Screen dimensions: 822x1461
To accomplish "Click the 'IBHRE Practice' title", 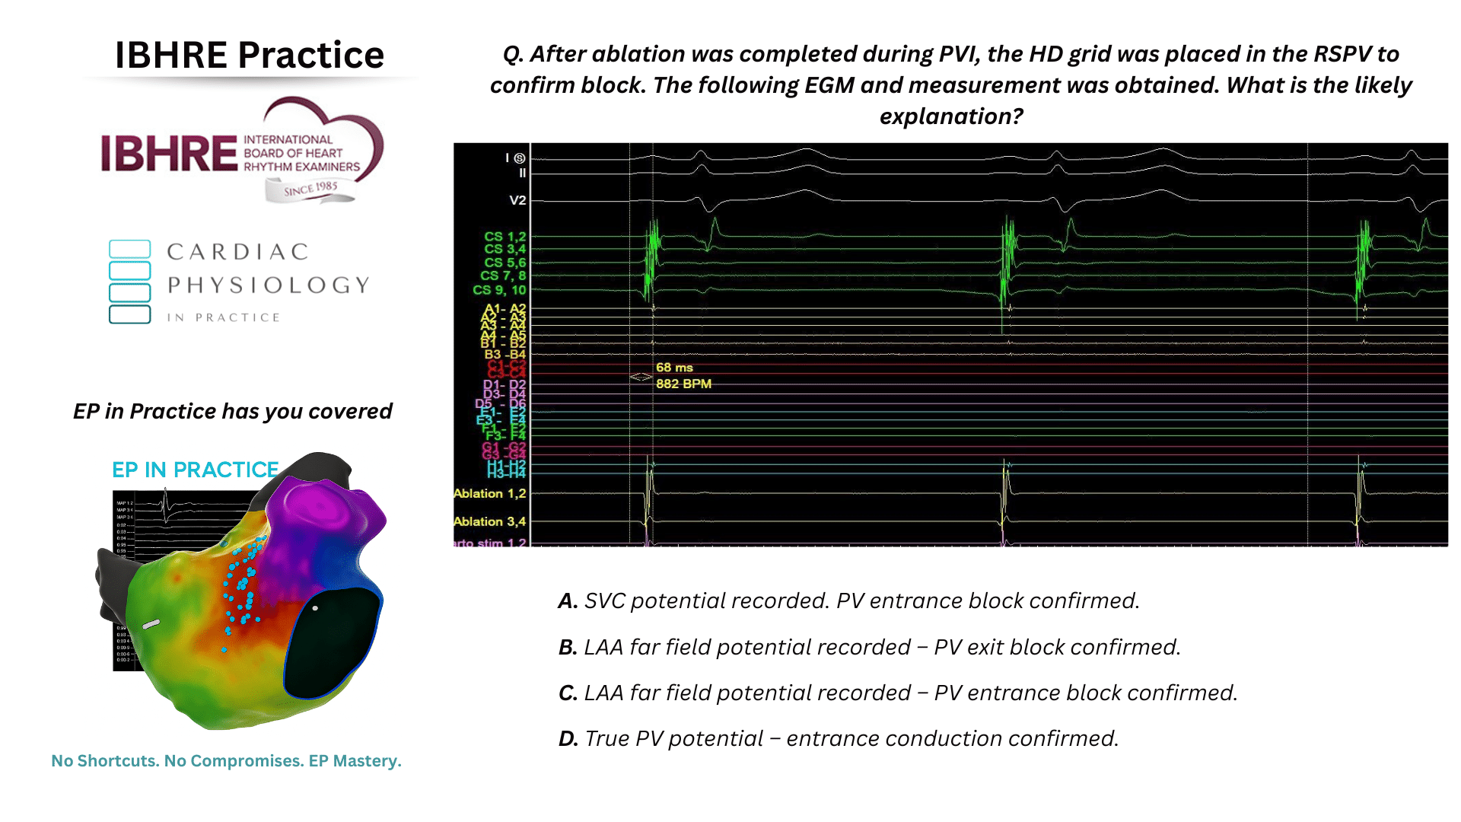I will (x=249, y=55).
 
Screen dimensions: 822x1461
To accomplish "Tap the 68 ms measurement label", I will (x=674, y=368).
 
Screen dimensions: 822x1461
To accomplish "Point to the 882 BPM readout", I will (x=683, y=384).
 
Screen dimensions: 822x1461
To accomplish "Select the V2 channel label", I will (x=517, y=201).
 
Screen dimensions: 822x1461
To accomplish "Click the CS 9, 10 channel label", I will (x=499, y=290).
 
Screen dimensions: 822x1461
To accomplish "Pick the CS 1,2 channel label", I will (x=505, y=237).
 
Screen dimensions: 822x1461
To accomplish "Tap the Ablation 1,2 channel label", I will (x=489, y=494).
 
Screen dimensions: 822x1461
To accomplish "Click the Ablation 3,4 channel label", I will (x=489, y=522).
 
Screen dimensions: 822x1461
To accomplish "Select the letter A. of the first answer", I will (x=568, y=601).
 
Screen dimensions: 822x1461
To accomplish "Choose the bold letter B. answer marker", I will (x=568, y=648).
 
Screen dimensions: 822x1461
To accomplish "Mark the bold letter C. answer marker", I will (x=568, y=693).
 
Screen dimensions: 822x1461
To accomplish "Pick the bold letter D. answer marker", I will (x=568, y=739).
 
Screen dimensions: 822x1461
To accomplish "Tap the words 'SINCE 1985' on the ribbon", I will (x=310, y=189).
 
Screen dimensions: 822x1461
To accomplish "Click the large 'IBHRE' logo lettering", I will (x=169, y=154).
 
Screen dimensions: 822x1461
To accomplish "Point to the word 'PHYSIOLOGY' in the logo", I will (x=269, y=285).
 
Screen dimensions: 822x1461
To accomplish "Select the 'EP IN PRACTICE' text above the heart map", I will (x=195, y=470).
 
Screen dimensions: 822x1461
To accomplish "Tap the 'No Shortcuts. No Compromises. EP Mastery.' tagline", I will (x=226, y=761).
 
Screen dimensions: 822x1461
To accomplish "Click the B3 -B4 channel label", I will (x=505, y=355).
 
